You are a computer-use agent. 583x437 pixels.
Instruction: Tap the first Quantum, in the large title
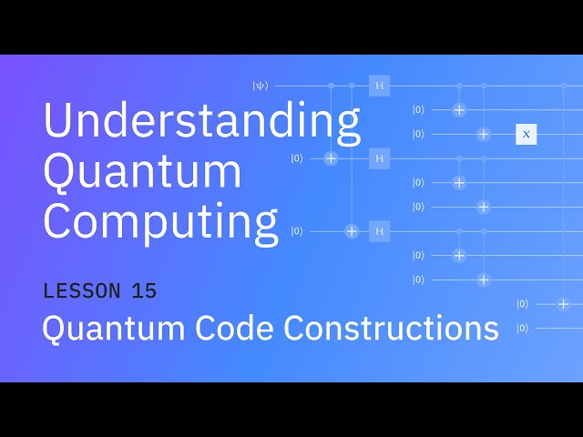[143, 172]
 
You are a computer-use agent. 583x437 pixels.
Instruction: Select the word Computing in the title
[160, 221]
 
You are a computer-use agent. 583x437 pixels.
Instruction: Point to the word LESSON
[81, 291]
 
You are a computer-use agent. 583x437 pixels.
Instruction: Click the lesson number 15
[144, 291]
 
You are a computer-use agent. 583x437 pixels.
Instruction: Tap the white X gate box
[526, 134]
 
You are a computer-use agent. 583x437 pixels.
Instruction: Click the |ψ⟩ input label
[261, 86]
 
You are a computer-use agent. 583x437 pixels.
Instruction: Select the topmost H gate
[379, 86]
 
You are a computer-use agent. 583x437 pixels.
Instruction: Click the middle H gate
[379, 158]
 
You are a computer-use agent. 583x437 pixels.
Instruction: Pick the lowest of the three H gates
[379, 231]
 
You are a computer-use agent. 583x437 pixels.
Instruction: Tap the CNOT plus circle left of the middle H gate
[331, 158]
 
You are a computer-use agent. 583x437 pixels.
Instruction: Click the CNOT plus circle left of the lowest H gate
[352, 231]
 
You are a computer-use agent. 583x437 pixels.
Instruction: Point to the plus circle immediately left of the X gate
[484, 134]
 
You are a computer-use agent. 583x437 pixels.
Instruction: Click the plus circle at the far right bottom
[563, 304]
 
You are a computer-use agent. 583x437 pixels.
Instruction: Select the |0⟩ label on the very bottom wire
[522, 328]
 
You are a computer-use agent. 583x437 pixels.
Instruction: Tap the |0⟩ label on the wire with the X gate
[418, 134]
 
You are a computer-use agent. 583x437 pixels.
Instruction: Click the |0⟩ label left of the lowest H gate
[297, 231]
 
